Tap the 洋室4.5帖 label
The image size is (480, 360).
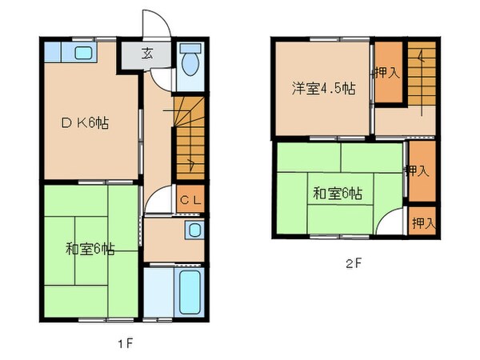[322, 89]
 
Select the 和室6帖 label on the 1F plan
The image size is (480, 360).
[90, 249]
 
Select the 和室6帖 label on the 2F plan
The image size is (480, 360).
[338, 193]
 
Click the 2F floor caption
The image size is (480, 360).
[354, 262]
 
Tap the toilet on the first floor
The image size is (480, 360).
[189, 62]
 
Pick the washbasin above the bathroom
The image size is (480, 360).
[193, 232]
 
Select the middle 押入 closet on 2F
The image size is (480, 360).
[418, 170]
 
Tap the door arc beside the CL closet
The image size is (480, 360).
[161, 200]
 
